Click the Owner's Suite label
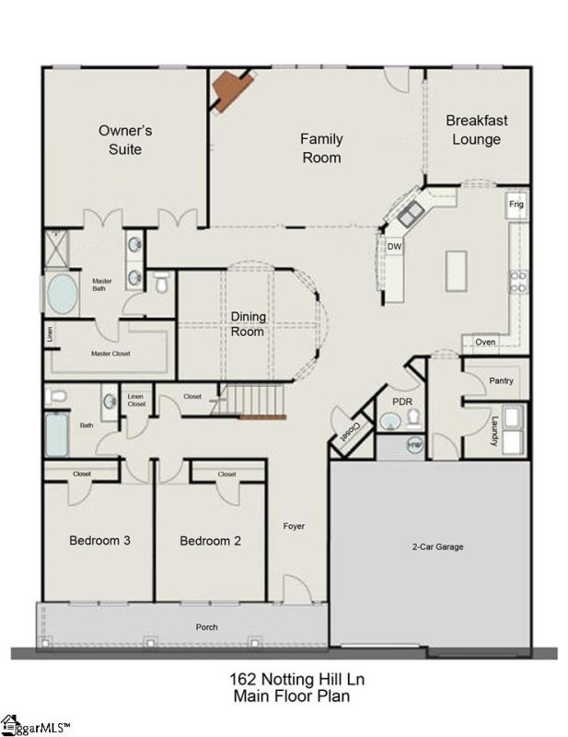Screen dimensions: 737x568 (125, 139)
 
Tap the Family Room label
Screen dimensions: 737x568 (321, 147)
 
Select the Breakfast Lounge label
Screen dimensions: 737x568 (477, 130)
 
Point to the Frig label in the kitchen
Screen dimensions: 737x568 (515, 203)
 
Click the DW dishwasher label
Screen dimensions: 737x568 (394, 247)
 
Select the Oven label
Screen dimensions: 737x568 (485, 342)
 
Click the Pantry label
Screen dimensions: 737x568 (502, 380)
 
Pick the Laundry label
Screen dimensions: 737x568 (494, 430)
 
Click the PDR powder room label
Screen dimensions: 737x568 (401, 402)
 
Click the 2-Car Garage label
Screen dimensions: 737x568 (436, 547)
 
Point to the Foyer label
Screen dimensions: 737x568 (294, 526)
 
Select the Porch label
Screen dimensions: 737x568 (207, 627)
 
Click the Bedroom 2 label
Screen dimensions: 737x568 (210, 541)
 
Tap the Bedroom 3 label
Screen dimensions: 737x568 (99, 540)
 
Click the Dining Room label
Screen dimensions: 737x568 (248, 324)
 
